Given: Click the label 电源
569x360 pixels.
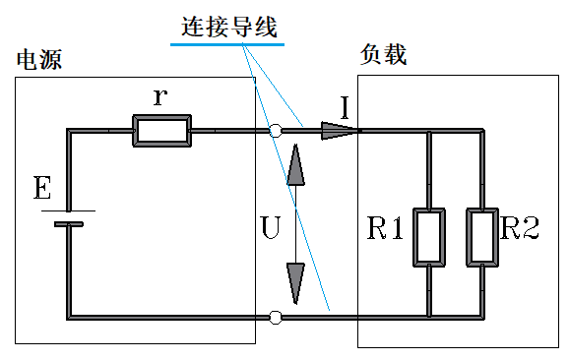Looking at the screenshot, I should pyautogui.click(x=38, y=60).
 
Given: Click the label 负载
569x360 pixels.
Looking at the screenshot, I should pyautogui.click(x=384, y=55).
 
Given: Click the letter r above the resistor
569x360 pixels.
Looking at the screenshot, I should pyautogui.click(x=160, y=96).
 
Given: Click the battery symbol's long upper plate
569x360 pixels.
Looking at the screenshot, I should pyautogui.click(x=69, y=210).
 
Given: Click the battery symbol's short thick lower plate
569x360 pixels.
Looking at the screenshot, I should pyautogui.click(x=69, y=223).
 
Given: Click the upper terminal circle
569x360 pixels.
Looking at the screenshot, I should pyautogui.click(x=277, y=130).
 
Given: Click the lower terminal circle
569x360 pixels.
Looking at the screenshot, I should pyautogui.click(x=277, y=317).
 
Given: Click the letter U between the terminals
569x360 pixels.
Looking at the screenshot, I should pyautogui.click(x=271, y=228).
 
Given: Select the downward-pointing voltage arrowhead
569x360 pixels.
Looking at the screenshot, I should pyautogui.click(x=294, y=284).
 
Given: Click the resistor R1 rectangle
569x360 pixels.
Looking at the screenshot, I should pyautogui.click(x=428, y=236).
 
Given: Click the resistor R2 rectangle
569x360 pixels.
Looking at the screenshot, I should pyautogui.click(x=481, y=236).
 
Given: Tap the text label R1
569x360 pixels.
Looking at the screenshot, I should pyautogui.click(x=386, y=230).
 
